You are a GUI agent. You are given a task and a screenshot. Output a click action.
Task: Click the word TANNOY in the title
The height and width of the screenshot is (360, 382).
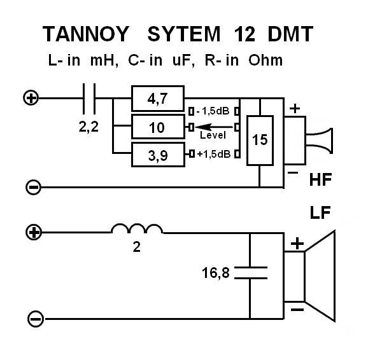click(x=87, y=34)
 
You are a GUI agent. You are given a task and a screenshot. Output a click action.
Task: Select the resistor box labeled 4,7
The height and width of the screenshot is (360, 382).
click(x=157, y=99)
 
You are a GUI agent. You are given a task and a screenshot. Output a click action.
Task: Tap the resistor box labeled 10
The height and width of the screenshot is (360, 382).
click(x=157, y=127)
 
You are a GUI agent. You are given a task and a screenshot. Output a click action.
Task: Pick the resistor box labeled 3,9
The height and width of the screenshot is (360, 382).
click(x=157, y=154)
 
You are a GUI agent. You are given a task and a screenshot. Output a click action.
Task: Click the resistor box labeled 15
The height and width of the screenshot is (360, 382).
click(x=260, y=140)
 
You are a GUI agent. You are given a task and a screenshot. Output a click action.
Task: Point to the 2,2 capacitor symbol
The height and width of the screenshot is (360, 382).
click(x=90, y=98)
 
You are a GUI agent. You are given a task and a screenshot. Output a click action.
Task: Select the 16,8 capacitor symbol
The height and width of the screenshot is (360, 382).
click(x=249, y=273)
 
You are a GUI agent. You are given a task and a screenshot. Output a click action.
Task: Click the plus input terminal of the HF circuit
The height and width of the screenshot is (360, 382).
click(x=30, y=98)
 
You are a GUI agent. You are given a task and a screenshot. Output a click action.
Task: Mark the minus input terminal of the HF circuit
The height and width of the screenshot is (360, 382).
click(x=34, y=187)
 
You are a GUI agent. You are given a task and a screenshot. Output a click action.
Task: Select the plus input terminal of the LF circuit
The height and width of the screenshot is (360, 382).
click(x=34, y=232)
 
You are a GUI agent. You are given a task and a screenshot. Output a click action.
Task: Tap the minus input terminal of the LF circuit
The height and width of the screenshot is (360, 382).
click(x=36, y=319)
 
